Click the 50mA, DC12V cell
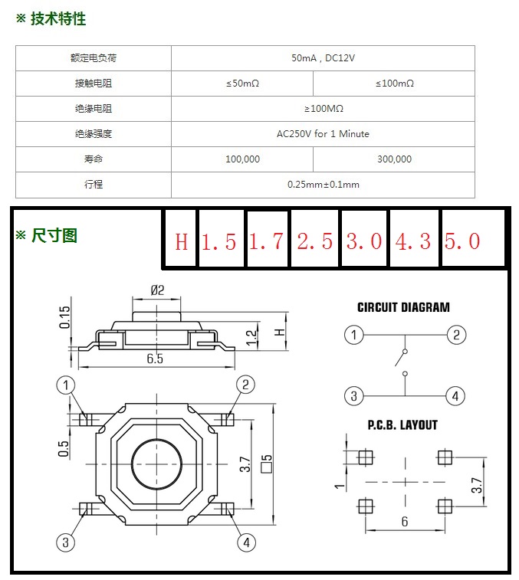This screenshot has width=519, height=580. coord(323,58)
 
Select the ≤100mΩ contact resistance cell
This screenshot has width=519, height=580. coord(394,84)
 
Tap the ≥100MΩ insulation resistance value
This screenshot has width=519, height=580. coord(324,108)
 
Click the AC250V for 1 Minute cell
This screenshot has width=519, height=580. coord(323,133)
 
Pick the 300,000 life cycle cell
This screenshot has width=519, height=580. coord(394,159)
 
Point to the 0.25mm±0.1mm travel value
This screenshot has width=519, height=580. coord(324,184)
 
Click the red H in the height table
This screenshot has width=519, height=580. coord(182,242)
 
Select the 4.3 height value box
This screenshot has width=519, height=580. coord(413,238)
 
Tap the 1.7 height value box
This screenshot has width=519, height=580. coord(267,239)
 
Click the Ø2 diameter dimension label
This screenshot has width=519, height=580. coord(157,290)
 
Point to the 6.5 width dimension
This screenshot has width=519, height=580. coord(155,359)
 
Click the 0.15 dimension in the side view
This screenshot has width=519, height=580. coord(64,317)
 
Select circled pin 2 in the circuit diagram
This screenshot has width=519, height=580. coord(456,335)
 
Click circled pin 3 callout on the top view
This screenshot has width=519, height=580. coord(65,542)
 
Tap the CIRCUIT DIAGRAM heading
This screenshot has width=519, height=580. coord(403,307)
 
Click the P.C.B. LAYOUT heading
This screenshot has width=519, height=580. coord(402,425)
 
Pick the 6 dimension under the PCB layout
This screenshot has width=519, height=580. coord(405,522)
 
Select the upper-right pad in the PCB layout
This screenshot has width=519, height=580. coord(445,457)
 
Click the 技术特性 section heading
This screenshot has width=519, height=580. coord(58,18)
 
